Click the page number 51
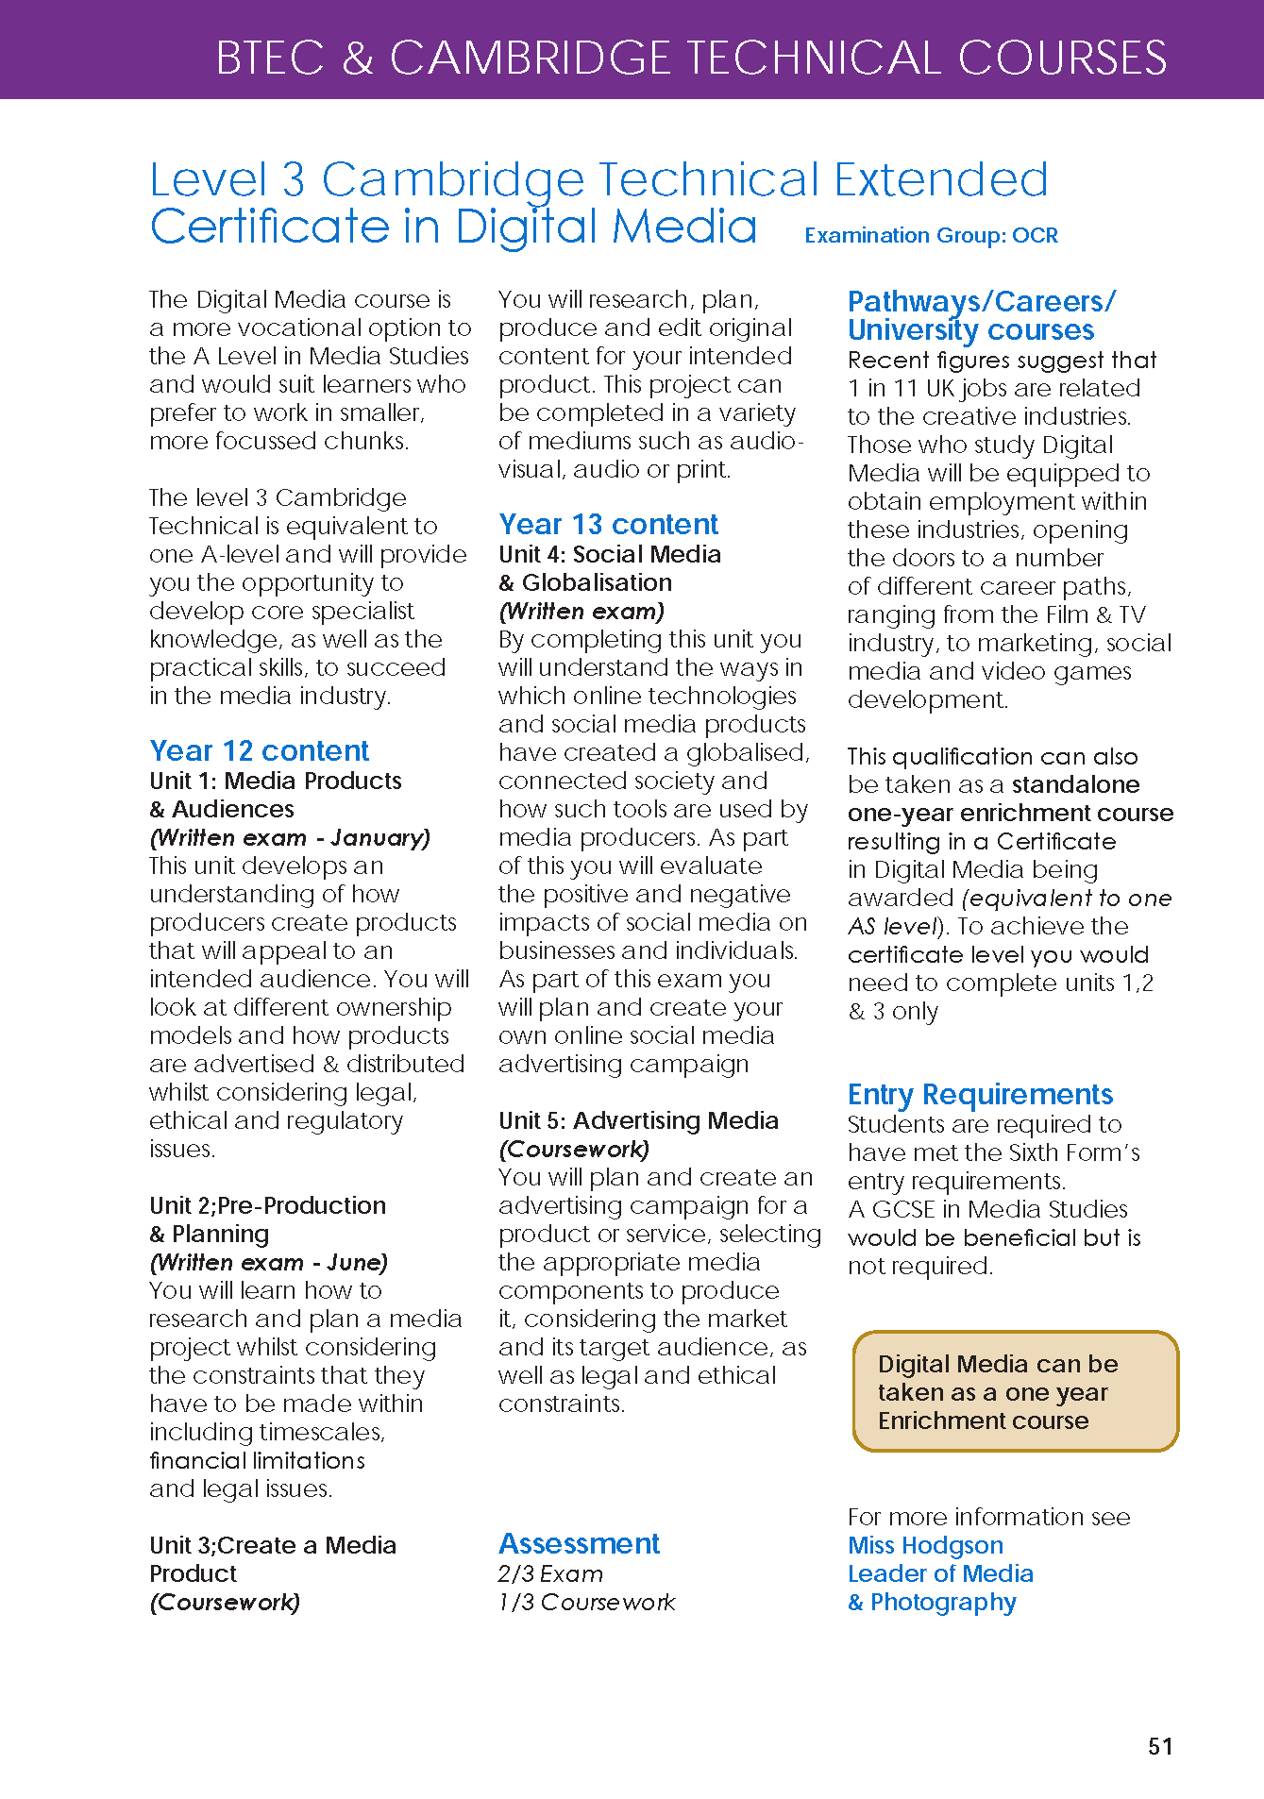pos(1160,1746)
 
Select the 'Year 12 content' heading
pos(259,751)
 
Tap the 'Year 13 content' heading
pos(608,525)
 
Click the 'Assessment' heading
pos(579,1544)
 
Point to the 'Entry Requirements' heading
pos(980,1095)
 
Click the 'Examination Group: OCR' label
pos(931,236)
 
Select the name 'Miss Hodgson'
pos(925,1546)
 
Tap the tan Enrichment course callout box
pos(1016,1391)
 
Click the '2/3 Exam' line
pos(550,1574)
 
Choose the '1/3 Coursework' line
pos(586,1603)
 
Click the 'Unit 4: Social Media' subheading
pos(610,555)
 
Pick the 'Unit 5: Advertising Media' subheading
pos(638,1121)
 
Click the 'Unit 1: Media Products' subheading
pos(276,782)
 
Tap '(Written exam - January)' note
pos(290,838)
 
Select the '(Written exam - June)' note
pos(269,1263)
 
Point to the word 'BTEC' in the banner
pos(270,59)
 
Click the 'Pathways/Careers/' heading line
pos(982,302)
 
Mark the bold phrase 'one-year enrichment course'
pos(1010,814)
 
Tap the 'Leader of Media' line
pos(940,1574)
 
